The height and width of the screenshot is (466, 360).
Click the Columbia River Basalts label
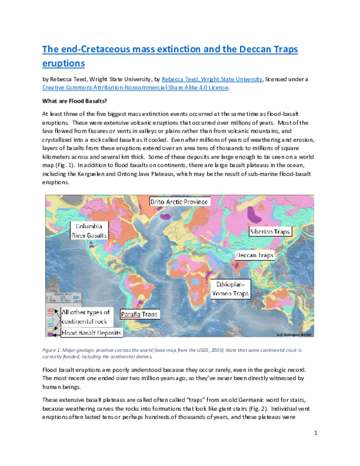pos(90,230)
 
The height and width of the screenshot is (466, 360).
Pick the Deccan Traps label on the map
pos(255,255)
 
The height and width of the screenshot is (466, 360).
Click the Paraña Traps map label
pos(140,313)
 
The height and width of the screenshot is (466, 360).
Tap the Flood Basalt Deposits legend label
pos(92,332)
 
